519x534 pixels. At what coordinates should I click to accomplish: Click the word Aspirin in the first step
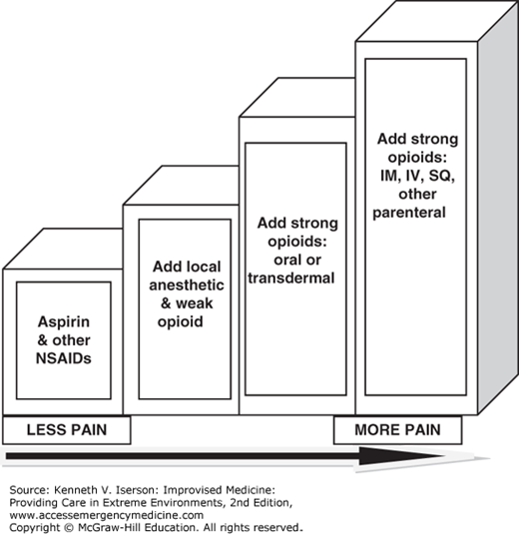click(x=64, y=322)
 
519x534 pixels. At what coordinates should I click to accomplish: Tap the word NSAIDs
click(x=64, y=358)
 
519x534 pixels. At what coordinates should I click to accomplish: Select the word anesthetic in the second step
click(x=187, y=285)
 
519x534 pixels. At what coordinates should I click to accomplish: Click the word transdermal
click(x=291, y=278)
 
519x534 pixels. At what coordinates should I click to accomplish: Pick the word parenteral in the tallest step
click(x=409, y=213)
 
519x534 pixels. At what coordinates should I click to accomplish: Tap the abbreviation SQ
click(x=442, y=176)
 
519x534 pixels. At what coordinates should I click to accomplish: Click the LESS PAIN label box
click(x=67, y=430)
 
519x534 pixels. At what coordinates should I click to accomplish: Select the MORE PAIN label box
click(x=398, y=430)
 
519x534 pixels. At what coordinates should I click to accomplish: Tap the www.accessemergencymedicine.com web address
click(x=106, y=515)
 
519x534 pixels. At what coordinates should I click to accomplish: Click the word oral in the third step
click(x=285, y=260)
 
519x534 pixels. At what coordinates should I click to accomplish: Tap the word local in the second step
click(x=203, y=267)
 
